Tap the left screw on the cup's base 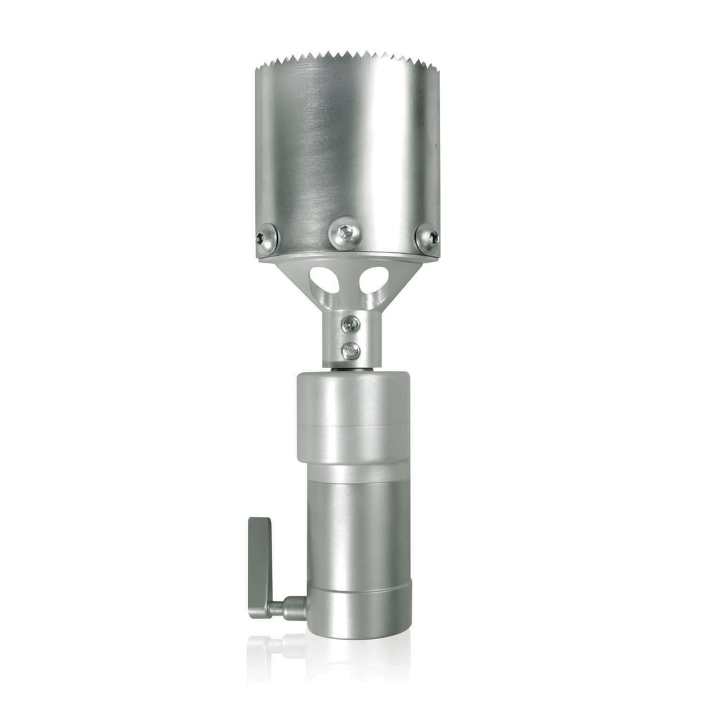click(265, 239)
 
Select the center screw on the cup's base click(345, 233)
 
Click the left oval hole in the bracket click(324, 279)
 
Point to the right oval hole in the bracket click(374, 279)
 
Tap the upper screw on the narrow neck click(350, 323)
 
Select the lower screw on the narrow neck click(350, 351)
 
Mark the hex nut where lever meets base click(295, 607)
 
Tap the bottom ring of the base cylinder click(359, 610)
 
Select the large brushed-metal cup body click(348, 152)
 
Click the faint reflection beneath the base click(331, 652)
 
